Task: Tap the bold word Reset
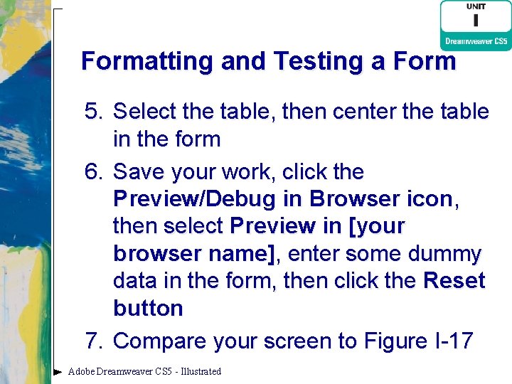(x=454, y=281)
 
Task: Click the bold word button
(x=148, y=308)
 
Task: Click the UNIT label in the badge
(x=476, y=6)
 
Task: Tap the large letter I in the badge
(x=476, y=22)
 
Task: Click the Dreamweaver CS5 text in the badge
(x=476, y=41)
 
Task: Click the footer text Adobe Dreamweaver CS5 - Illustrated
(x=144, y=371)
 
